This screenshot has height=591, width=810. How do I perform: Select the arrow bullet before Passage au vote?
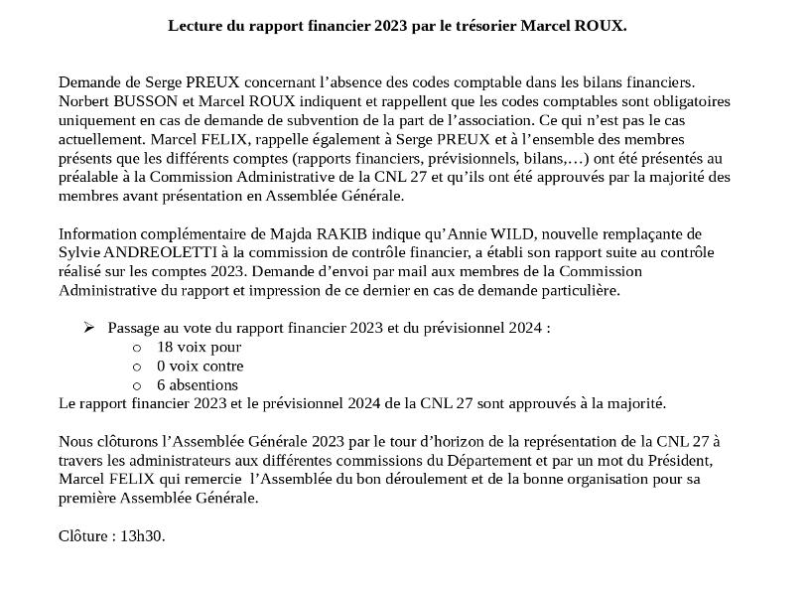[x=89, y=328]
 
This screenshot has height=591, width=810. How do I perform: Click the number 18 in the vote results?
[x=165, y=347]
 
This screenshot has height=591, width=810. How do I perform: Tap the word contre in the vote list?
[x=222, y=366]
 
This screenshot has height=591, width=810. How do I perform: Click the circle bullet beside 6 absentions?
[x=137, y=385]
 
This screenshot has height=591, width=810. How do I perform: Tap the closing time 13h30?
[x=142, y=536]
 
